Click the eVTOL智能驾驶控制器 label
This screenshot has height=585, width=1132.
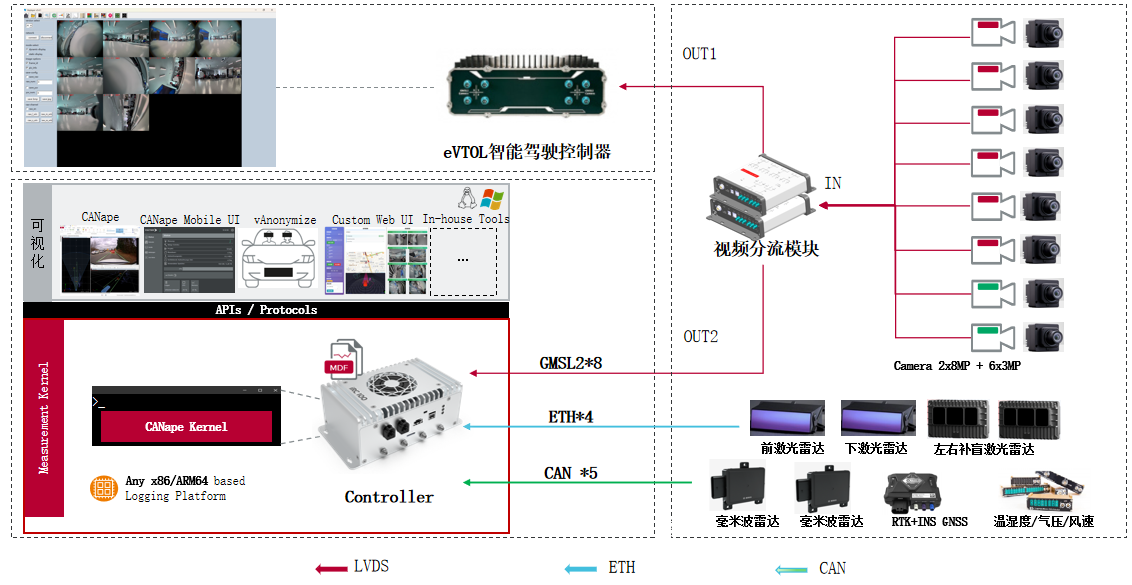pyautogui.click(x=526, y=153)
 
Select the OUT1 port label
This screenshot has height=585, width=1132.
pyautogui.click(x=700, y=54)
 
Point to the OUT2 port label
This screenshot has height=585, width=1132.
pyautogui.click(x=700, y=336)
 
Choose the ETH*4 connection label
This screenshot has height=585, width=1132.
pyautogui.click(x=571, y=416)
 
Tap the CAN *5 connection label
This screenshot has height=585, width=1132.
pyautogui.click(x=571, y=472)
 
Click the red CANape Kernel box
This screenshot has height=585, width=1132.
pyautogui.click(x=186, y=426)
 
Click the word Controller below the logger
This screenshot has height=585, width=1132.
pyautogui.click(x=389, y=497)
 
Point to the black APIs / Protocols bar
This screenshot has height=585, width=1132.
pyautogui.click(x=266, y=310)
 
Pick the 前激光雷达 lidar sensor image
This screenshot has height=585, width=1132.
pyautogui.click(x=787, y=419)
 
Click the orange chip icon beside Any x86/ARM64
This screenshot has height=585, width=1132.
pyautogui.click(x=103, y=488)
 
